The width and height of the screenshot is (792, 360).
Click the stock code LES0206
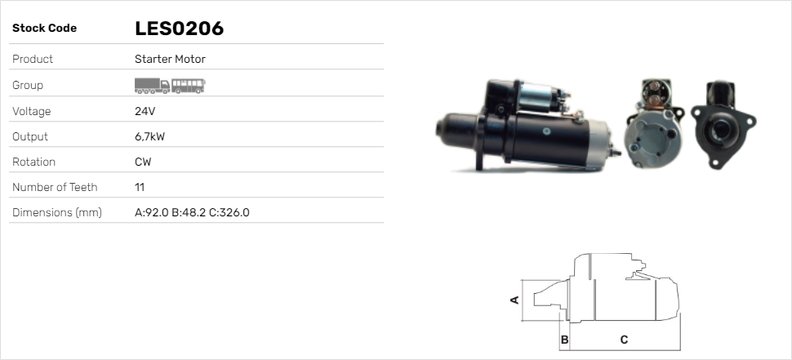coord(179,29)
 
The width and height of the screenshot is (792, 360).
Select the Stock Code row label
coord(44,29)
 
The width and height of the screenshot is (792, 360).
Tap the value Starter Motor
coord(170,59)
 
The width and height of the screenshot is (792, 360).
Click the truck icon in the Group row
coord(152,85)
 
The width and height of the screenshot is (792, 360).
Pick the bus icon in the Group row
coord(189,85)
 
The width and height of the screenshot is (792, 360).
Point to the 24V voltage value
coord(144,111)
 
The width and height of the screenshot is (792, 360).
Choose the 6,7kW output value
coord(149,136)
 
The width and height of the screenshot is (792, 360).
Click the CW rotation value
coord(143,162)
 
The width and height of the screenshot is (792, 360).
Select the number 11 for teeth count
coord(140,187)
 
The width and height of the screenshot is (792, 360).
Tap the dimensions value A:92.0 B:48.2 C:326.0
coord(192,212)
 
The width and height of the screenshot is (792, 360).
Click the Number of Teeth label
coord(55,187)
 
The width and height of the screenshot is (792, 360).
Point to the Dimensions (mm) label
coord(56,212)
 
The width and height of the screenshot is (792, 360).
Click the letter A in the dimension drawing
coord(514,300)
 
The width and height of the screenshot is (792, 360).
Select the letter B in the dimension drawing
coord(564,339)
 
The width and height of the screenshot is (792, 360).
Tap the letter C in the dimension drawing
coord(623,339)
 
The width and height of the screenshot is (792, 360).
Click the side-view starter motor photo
coord(527,127)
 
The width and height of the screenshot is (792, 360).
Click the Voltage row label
coord(31,111)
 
